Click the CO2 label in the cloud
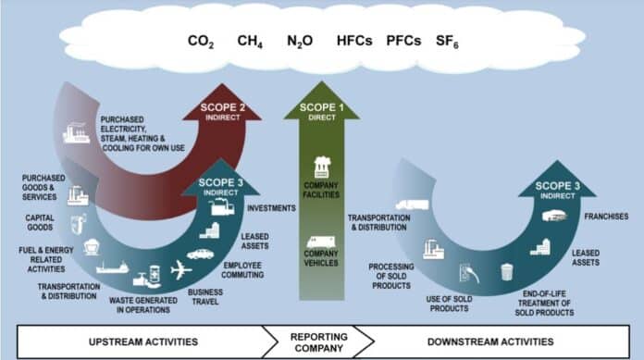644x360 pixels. pyautogui.click(x=201, y=42)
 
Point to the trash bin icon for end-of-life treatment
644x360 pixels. pyautogui.click(x=507, y=272)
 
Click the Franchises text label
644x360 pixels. pyautogui.click(x=605, y=217)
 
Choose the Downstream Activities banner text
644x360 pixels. pyautogui.click(x=507, y=341)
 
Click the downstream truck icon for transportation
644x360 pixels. pyautogui.click(x=410, y=205)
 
